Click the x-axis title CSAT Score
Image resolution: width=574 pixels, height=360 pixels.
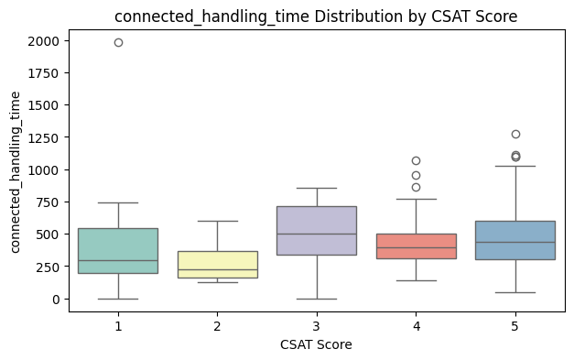(x=316, y=344)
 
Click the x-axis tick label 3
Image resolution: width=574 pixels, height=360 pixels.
(x=317, y=323)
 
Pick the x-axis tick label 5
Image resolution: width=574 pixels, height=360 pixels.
(x=515, y=323)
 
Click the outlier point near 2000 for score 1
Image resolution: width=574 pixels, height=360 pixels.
(x=118, y=42)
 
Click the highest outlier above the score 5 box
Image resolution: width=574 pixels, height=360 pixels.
(x=515, y=135)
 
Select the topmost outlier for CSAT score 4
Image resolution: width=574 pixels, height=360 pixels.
(x=416, y=161)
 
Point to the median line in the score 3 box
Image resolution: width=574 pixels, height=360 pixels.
(x=317, y=234)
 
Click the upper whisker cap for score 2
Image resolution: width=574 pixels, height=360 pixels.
(x=217, y=221)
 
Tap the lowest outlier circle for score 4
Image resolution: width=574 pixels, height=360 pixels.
(x=416, y=187)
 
